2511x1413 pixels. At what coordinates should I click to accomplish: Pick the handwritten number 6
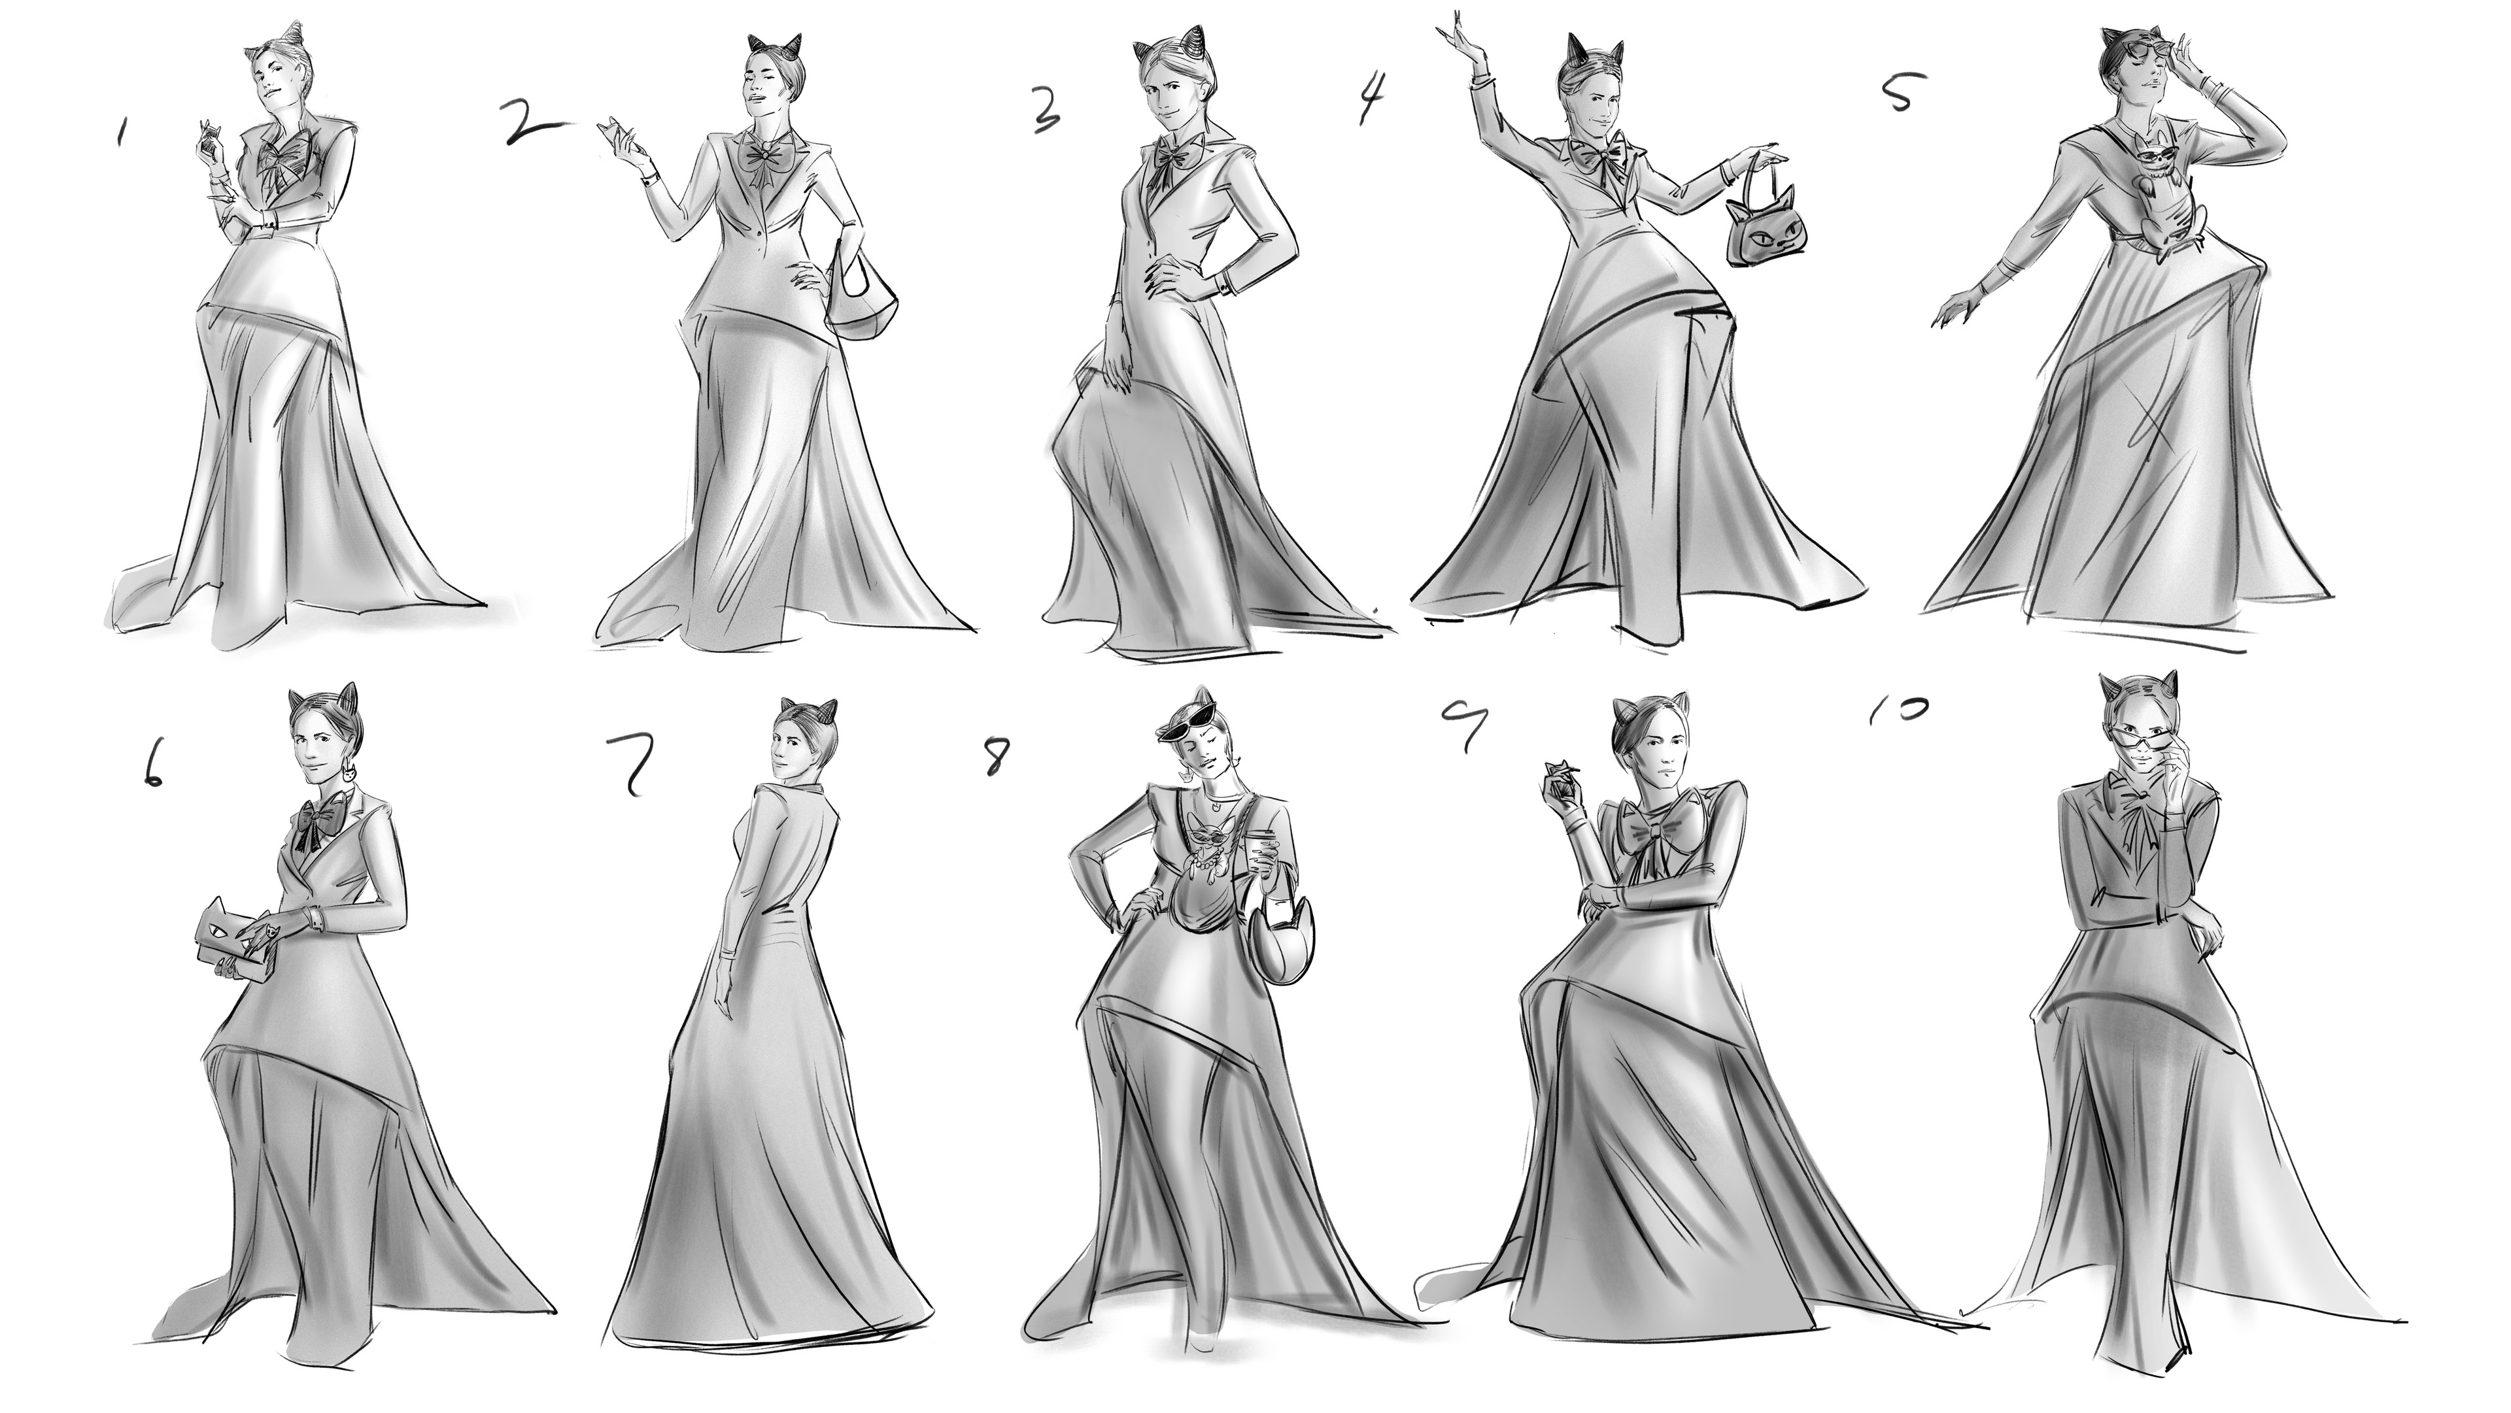click(152, 767)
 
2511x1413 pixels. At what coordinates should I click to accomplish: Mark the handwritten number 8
click(994, 756)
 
